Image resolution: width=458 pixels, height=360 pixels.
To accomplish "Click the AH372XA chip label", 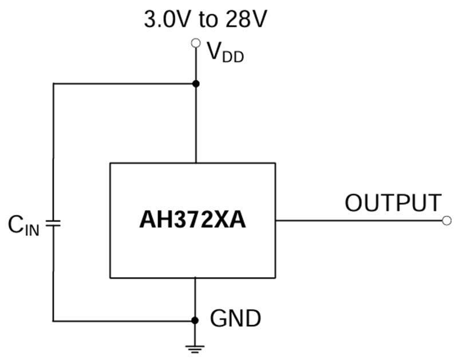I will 193,220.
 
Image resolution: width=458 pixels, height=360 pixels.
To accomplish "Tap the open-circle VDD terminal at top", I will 196,42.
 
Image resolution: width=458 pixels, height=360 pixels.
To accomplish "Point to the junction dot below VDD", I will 196,84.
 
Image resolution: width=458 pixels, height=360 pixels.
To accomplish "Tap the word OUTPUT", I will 393,203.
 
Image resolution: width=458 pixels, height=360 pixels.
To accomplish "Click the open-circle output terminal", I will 447,220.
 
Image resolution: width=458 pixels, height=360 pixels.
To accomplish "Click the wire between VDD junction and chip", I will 196,123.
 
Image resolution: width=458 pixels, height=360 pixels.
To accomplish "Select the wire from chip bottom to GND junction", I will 196,299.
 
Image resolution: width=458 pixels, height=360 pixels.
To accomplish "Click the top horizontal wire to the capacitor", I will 123,84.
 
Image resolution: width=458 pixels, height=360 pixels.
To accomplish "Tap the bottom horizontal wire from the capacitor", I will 123,321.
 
